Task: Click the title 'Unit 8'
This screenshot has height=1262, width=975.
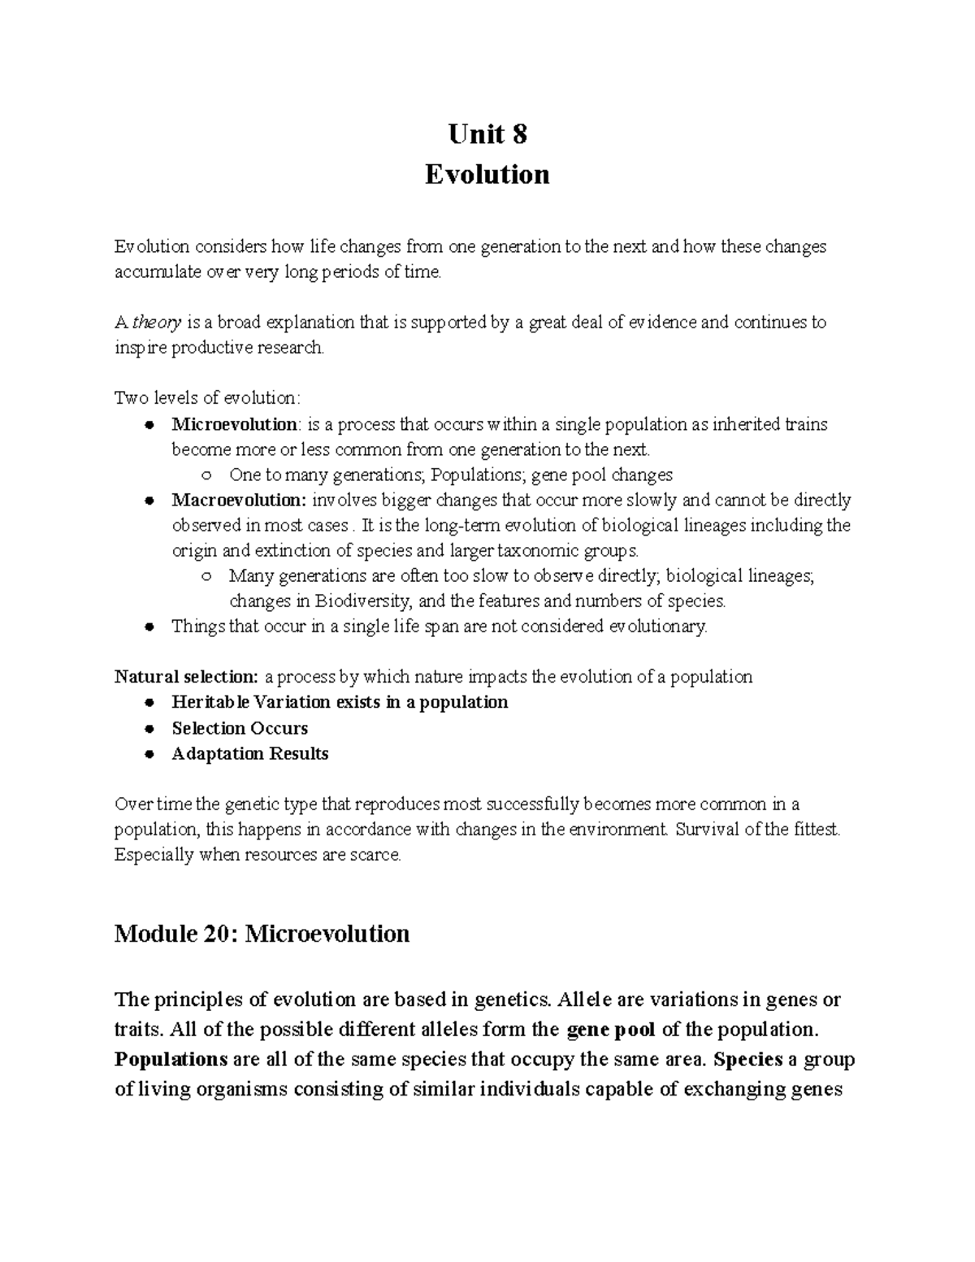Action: point(487,133)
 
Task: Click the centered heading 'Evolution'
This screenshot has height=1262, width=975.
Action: point(487,174)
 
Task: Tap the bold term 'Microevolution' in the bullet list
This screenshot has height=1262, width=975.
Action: point(234,424)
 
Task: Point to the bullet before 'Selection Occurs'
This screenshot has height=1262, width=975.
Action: point(149,729)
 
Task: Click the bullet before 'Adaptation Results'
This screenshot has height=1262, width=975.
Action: point(149,754)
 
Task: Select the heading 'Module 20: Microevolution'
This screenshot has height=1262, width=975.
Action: point(262,933)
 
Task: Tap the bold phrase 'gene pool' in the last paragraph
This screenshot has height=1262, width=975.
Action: point(610,1030)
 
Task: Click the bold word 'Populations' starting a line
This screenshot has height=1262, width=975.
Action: point(171,1060)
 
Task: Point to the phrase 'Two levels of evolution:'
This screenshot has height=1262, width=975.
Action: point(207,398)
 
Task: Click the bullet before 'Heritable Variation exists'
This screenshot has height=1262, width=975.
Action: point(149,703)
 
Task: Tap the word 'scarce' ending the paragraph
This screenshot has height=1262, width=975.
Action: point(375,856)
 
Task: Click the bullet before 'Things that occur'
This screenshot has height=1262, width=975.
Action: point(149,627)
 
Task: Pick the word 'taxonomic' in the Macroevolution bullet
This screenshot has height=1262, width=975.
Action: point(559,551)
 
